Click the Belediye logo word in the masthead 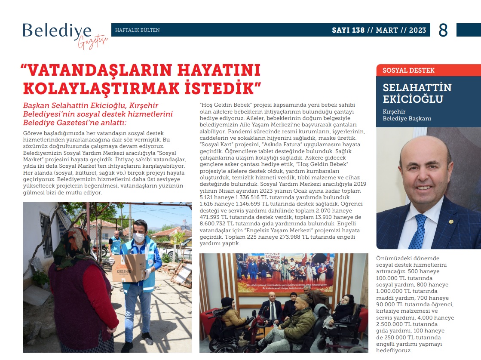(57, 31)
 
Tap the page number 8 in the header (443, 30)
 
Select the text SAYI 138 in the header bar (348, 30)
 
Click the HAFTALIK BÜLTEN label (138, 30)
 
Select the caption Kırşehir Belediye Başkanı (401, 115)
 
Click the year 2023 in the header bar (417, 30)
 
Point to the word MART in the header (386, 30)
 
